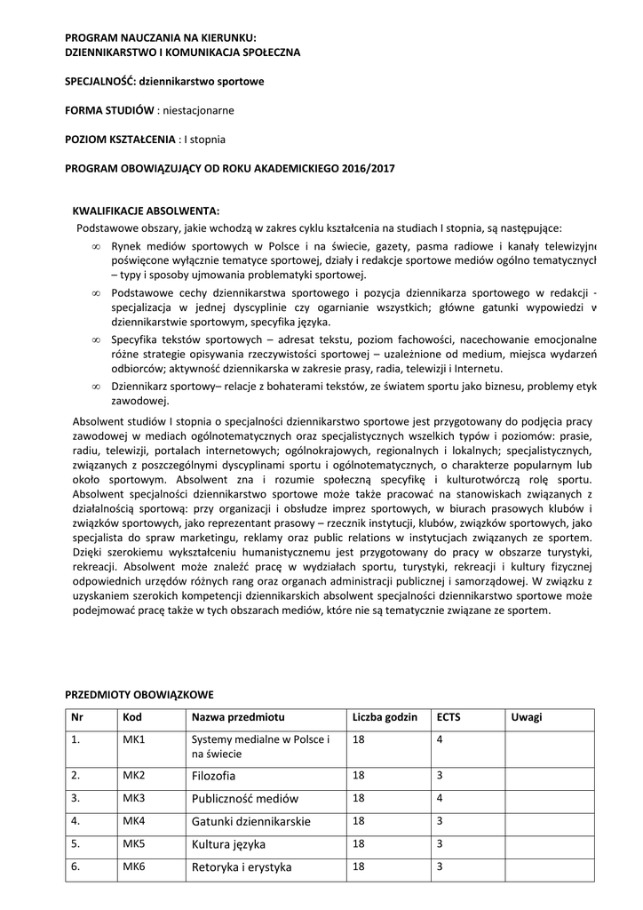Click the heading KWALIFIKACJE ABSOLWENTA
tap(146, 211)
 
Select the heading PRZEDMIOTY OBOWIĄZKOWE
tap(139, 693)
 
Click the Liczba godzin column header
tap(385, 717)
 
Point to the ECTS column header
tap(449, 717)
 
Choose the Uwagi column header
tap(527, 717)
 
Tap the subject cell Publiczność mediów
tap(245, 798)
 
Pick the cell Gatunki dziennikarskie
tap(251, 820)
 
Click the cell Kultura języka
tap(228, 843)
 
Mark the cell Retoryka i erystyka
tap(242, 866)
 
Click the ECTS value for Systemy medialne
tap(440, 739)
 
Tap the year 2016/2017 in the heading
tap(368, 168)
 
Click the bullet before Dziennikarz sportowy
tap(95, 387)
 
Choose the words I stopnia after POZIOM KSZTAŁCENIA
tap(204, 140)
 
